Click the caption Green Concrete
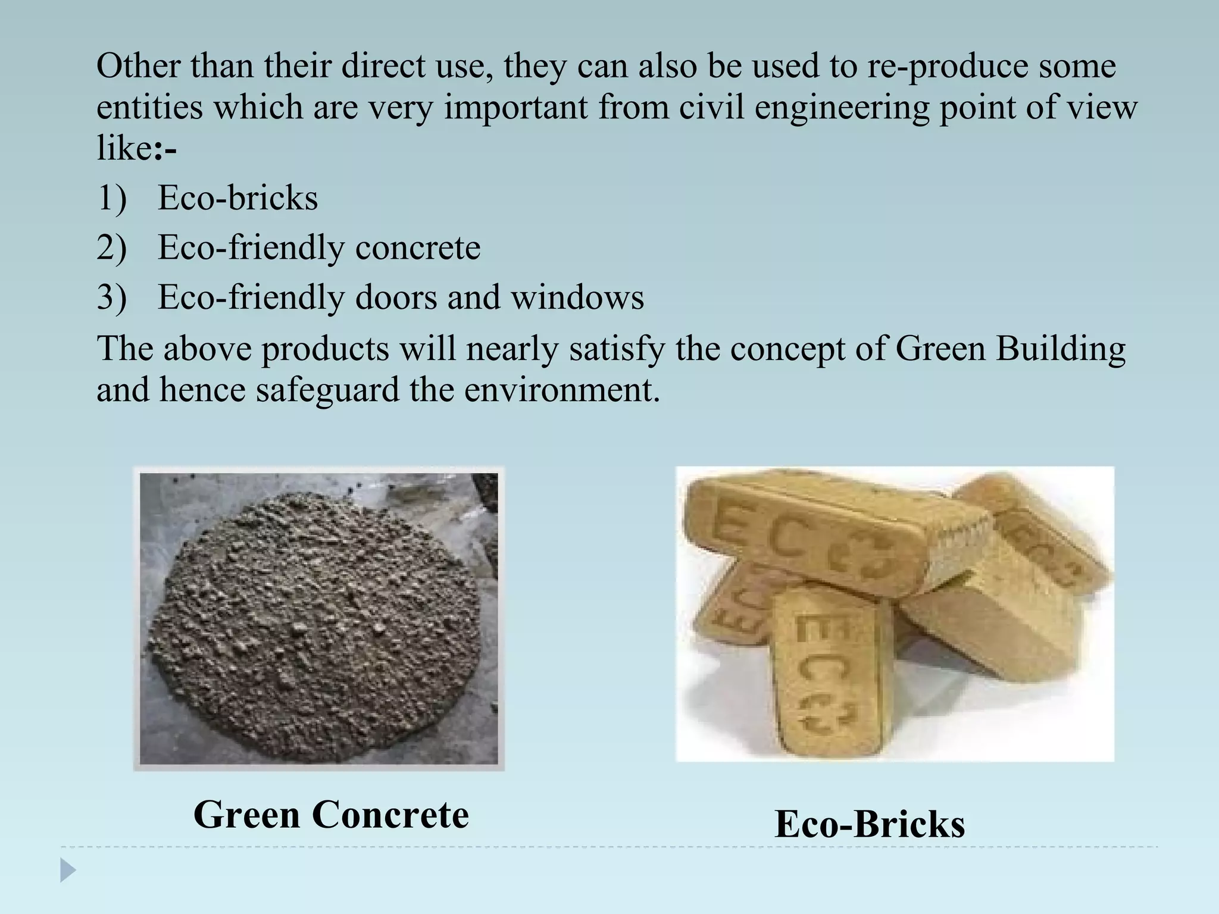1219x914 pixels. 331,815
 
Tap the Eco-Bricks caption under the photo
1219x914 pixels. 870,824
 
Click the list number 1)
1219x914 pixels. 111,198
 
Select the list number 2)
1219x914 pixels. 111,248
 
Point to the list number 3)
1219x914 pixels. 111,297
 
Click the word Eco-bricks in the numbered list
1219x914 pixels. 237,198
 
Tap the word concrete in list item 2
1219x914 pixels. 417,248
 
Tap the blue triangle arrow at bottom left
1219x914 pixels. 68,871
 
